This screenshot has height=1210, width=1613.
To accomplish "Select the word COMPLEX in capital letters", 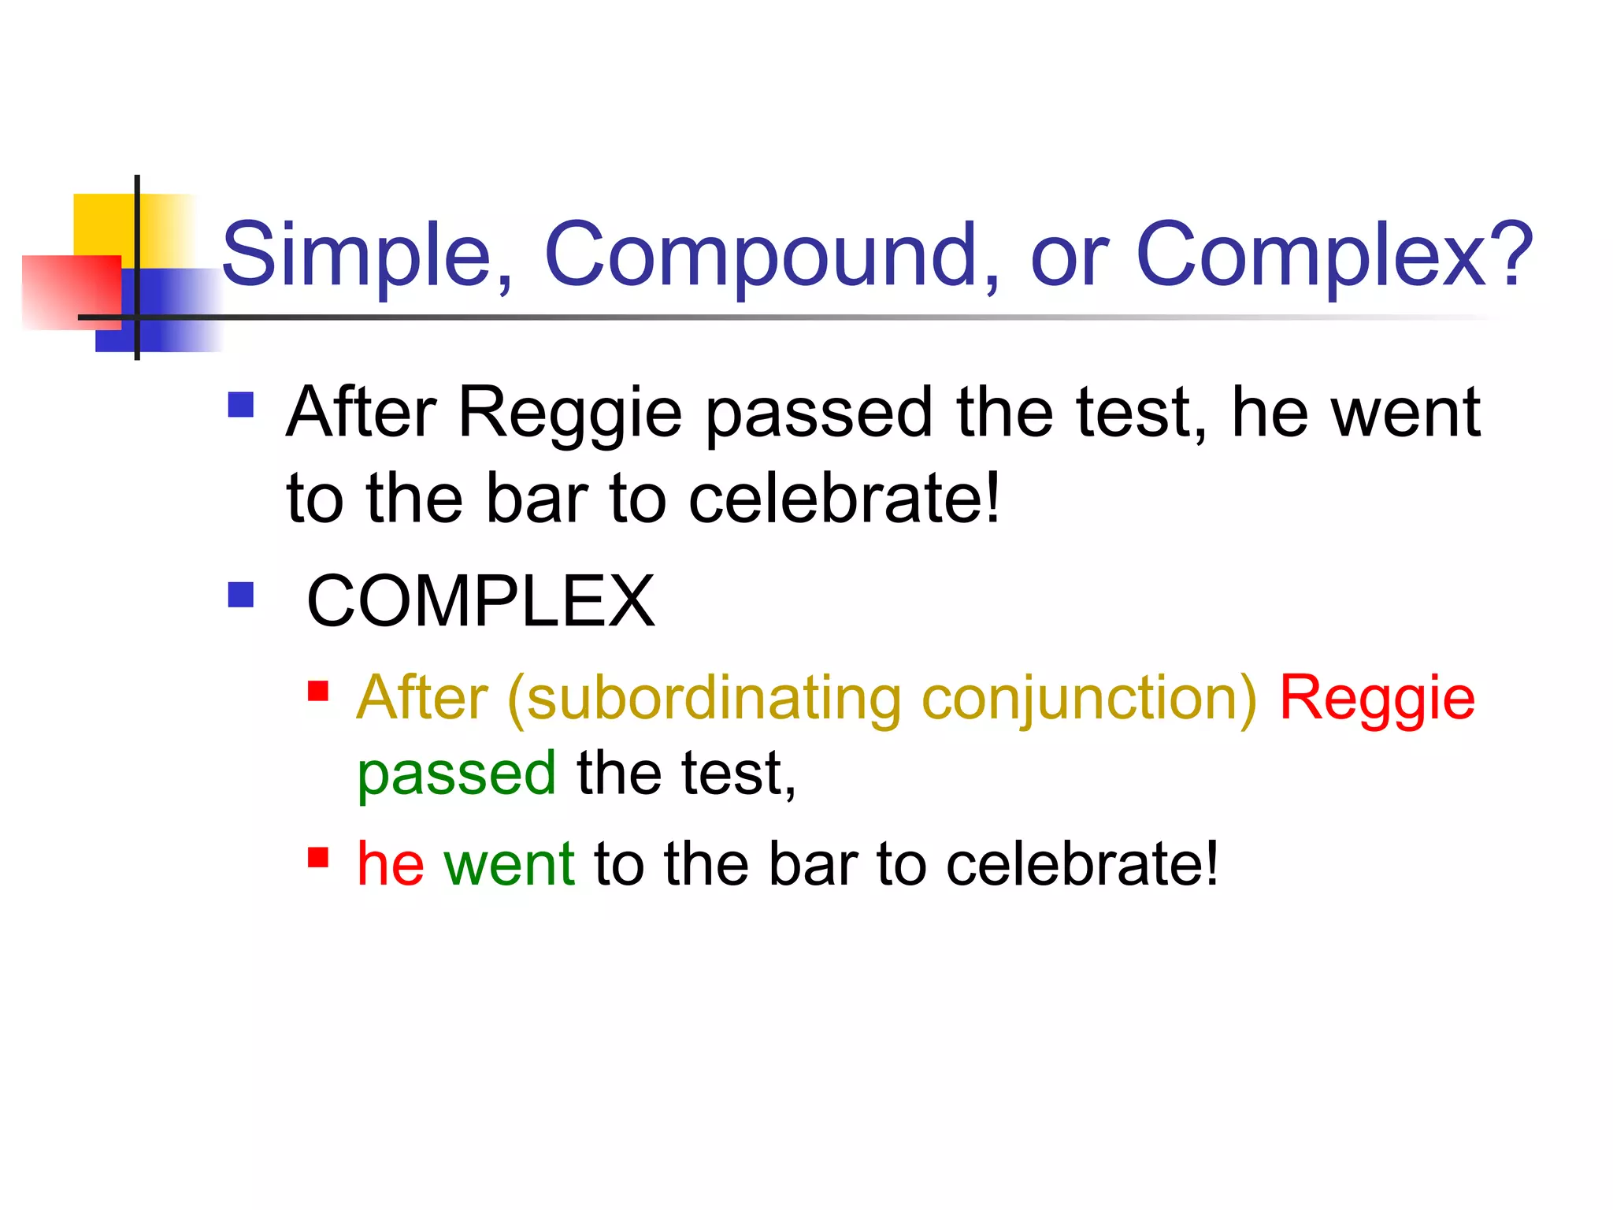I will (x=480, y=602).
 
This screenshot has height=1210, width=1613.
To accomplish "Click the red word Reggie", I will (x=1377, y=699).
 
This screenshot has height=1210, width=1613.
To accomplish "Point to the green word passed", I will (x=457, y=774).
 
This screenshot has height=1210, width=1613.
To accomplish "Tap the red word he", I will (x=391, y=863).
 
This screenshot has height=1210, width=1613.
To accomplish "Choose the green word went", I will (x=509, y=863).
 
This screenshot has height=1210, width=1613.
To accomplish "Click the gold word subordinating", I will (x=714, y=699).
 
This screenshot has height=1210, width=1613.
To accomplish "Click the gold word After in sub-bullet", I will (x=422, y=699).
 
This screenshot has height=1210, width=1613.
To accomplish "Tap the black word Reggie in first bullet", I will (x=569, y=413).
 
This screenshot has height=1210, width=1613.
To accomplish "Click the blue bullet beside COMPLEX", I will (x=241, y=595).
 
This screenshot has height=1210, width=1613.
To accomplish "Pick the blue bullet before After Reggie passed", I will (x=241, y=405).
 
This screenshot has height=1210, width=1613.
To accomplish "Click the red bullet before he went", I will (x=318, y=857).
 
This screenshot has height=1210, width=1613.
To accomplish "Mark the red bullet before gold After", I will (x=318, y=691).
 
